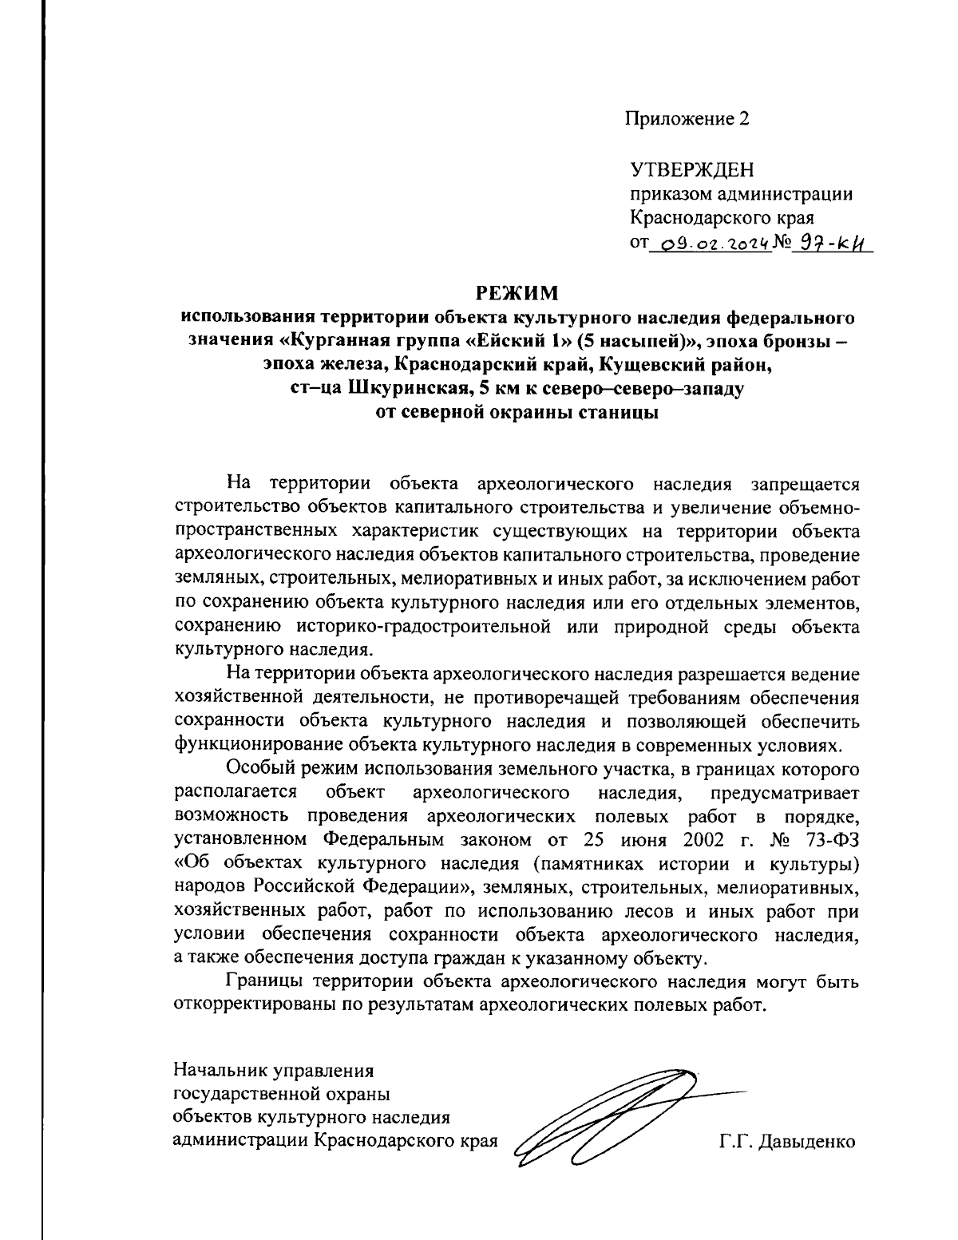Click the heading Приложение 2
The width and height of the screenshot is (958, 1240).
pyautogui.click(x=687, y=119)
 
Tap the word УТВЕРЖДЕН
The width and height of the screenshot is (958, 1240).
pyautogui.click(x=691, y=170)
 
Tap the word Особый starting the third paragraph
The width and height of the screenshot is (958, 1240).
pyautogui.click(x=256, y=770)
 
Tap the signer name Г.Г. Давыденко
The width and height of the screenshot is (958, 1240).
pyautogui.click(x=786, y=1142)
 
